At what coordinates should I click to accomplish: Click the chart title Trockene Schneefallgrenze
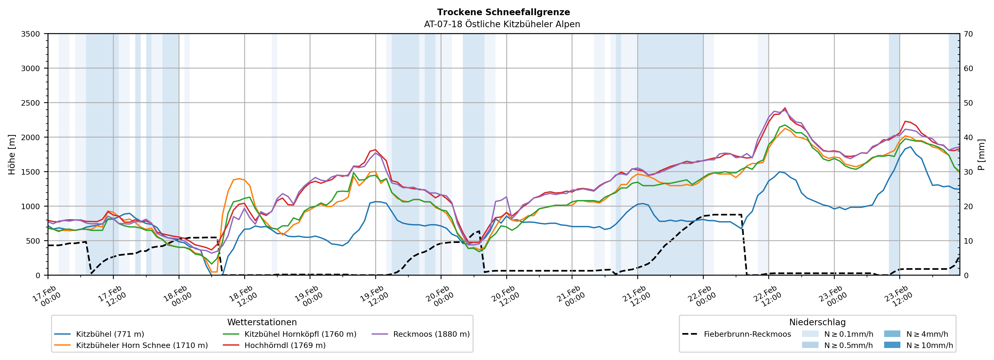[503, 12]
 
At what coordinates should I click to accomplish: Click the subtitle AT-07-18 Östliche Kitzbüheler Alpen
[502, 24]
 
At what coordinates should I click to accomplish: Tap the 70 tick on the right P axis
[968, 34]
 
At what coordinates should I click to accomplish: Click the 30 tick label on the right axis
[968, 172]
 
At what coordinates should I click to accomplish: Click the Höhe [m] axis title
[12, 154]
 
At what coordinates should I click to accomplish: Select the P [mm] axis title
[981, 154]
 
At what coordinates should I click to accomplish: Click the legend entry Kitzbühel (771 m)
[110, 334]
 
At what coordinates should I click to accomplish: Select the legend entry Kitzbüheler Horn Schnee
[142, 345]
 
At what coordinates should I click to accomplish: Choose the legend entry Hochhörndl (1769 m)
[285, 345]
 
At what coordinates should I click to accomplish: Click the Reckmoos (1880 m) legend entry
[431, 334]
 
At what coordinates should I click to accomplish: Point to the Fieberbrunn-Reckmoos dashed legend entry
[747, 334]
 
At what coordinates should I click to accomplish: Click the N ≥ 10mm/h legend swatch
[892, 345]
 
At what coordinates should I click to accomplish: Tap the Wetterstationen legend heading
[262, 322]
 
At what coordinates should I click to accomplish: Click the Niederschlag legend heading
[817, 322]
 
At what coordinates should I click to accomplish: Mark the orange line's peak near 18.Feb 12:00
[239, 179]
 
